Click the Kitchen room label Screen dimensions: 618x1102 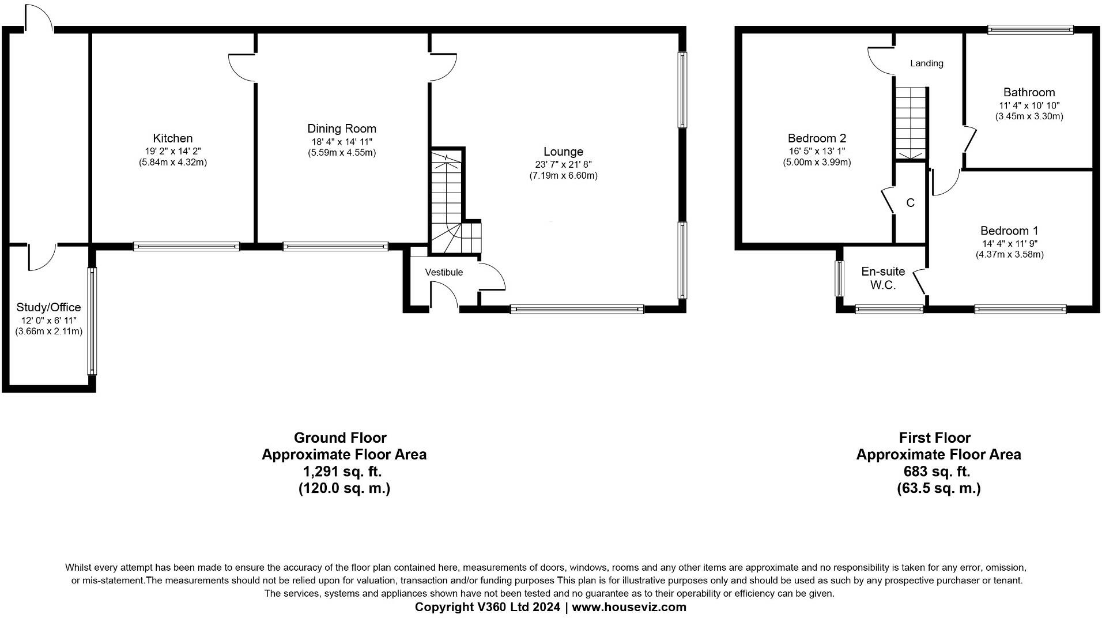coord(172,138)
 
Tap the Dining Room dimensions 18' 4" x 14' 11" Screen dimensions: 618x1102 coord(341,141)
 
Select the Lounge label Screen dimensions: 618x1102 coord(563,152)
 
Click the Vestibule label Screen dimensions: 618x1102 coord(444,272)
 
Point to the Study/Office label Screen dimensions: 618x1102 coord(48,307)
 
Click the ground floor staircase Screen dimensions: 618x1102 coord(447,202)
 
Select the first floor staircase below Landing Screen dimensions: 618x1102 coord(911,123)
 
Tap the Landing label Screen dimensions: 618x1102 coord(926,63)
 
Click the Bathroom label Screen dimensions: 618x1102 coord(1029,92)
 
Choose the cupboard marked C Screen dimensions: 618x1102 coord(910,203)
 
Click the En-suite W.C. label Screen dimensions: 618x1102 coord(883,278)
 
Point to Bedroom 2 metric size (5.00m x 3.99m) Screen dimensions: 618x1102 coord(816,163)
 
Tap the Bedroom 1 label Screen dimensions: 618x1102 coord(1009,231)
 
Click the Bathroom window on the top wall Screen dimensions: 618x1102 coord(1030,29)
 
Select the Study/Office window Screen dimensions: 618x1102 coord(92,320)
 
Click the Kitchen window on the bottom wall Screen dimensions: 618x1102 coord(186,247)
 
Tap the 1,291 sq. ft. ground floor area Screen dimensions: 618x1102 coord(342,472)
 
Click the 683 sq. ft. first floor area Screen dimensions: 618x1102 coord(937,472)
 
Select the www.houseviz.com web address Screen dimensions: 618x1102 coord(629,607)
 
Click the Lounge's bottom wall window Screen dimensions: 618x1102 coord(576,310)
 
